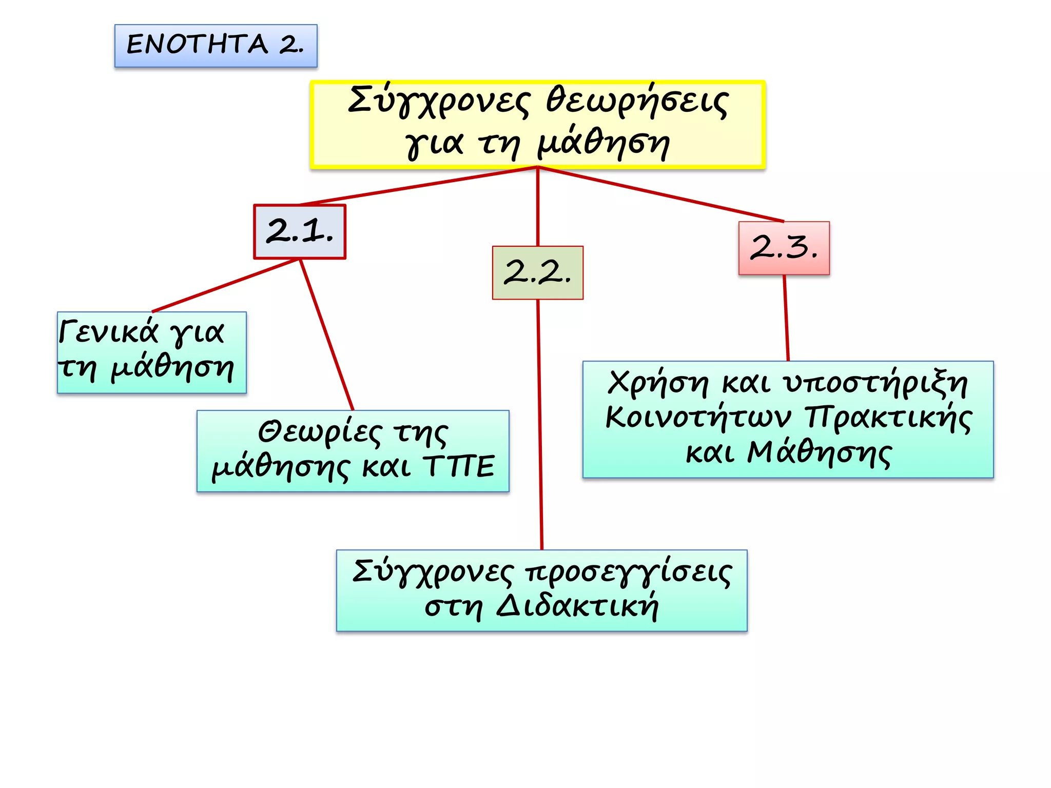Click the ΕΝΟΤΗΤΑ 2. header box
click(216, 46)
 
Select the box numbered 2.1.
click(300, 232)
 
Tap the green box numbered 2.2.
click(537, 272)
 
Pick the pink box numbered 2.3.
click(784, 248)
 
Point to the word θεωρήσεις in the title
click(636, 101)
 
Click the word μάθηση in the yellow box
click(604, 144)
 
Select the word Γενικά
click(108, 331)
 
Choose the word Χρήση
click(657, 383)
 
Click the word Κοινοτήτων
click(698, 417)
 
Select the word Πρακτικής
click(888, 417)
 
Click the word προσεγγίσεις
click(629, 573)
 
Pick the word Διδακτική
click(577, 607)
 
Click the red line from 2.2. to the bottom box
click(539, 426)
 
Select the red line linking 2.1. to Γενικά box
click(226, 285)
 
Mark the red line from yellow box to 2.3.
click(662, 194)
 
